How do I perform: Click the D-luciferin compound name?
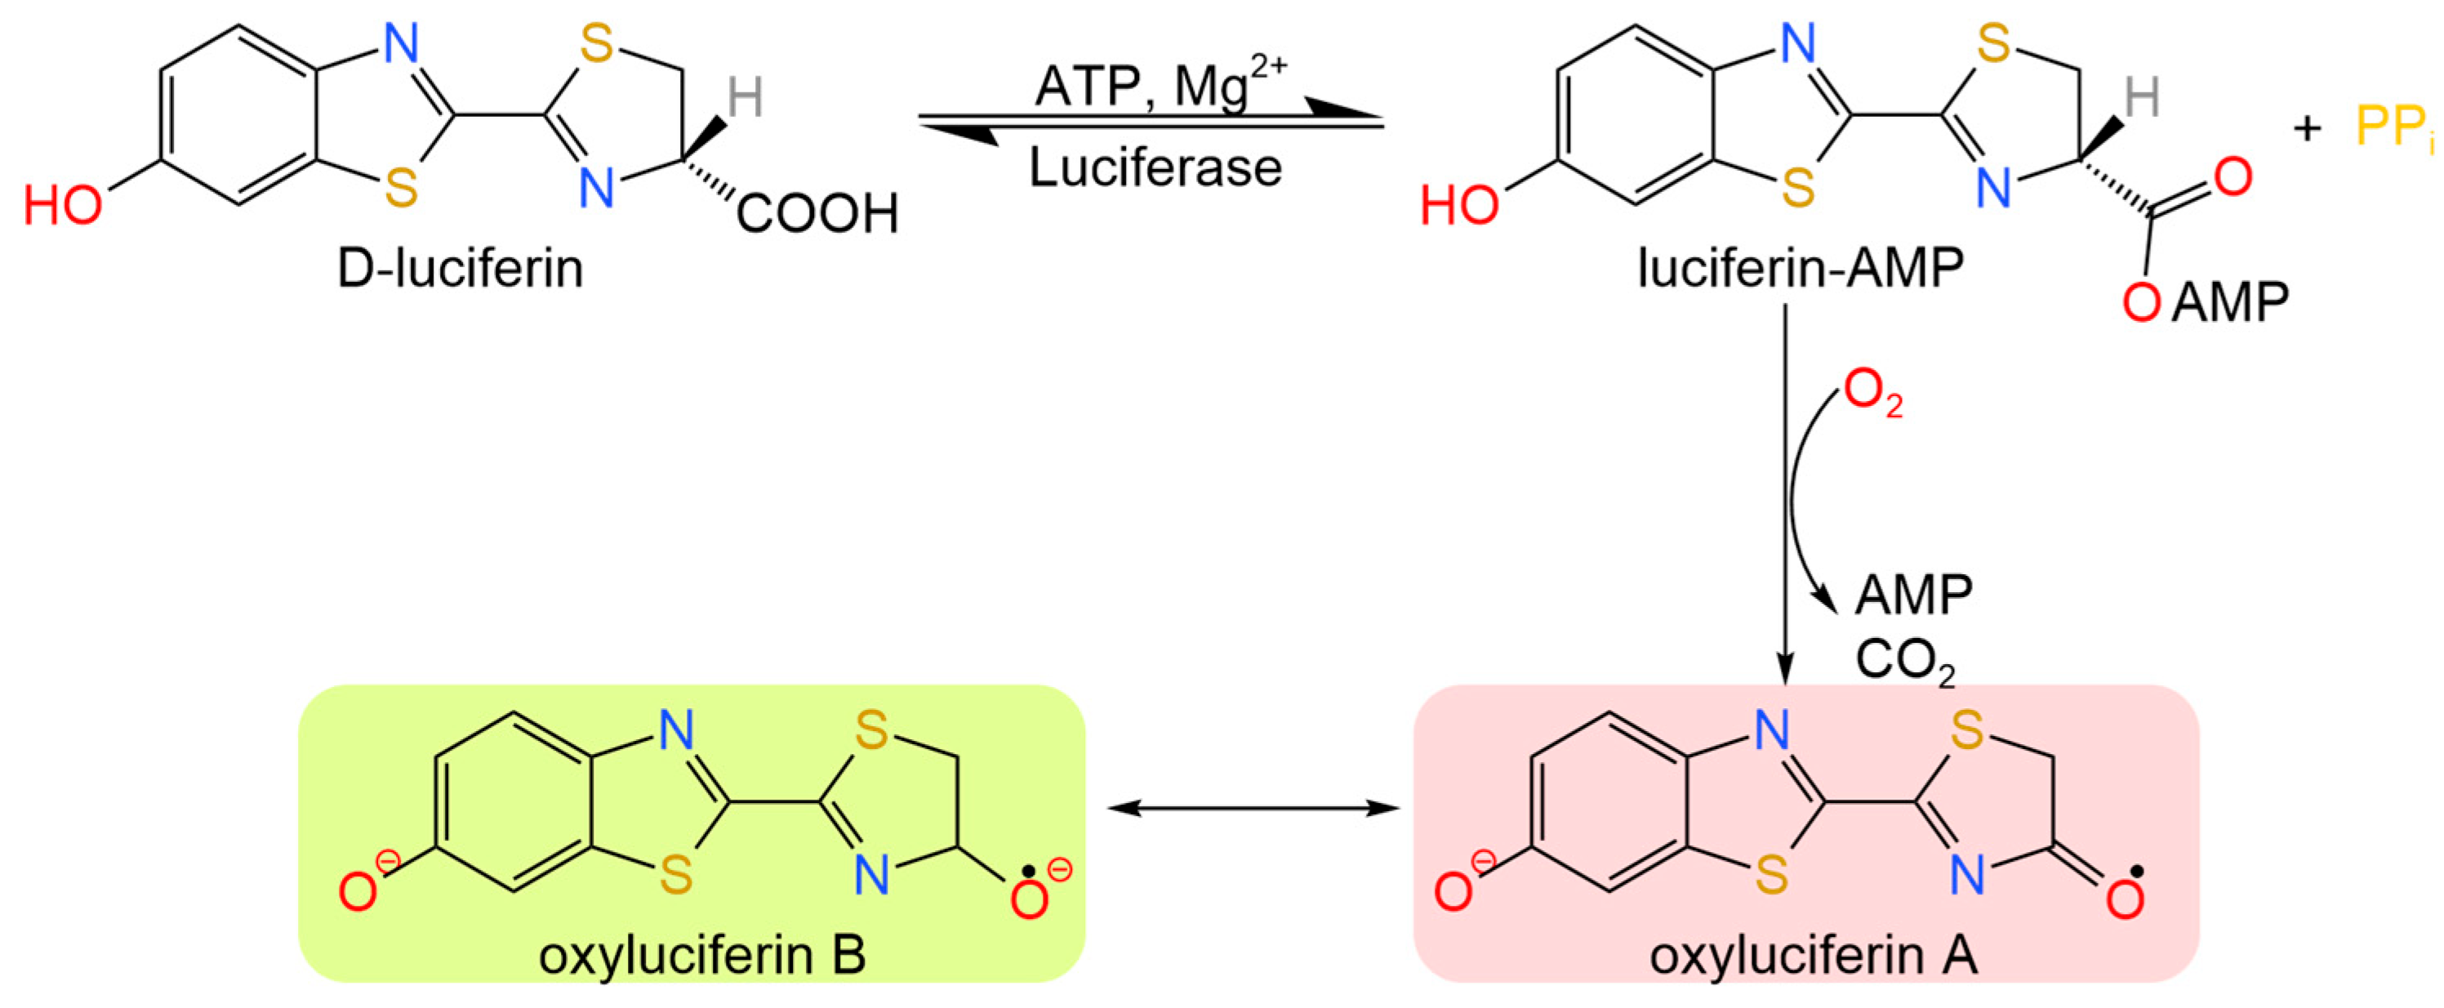click(461, 269)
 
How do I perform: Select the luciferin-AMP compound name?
click(1800, 269)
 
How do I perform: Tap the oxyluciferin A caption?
click(1813, 955)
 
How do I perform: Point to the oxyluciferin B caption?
click(702, 955)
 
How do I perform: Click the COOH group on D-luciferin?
click(817, 212)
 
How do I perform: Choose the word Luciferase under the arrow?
click(1155, 168)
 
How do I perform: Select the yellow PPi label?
click(2392, 127)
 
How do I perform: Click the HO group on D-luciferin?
click(63, 205)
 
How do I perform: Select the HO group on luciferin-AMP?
click(1459, 205)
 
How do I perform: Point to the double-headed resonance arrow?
click(1253, 809)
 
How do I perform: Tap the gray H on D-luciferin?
click(745, 97)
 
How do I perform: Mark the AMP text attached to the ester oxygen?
click(2229, 303)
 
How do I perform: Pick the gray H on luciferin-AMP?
click(2141, 97)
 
